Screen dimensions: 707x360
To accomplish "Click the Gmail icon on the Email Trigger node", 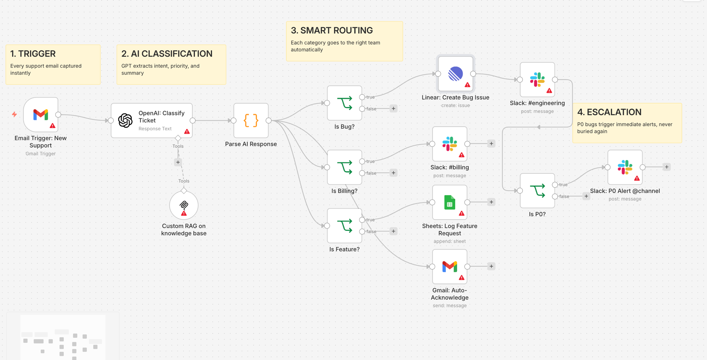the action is point(41,115).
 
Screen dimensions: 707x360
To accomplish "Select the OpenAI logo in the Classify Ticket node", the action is point(125,120).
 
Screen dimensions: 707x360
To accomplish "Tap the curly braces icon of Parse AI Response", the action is point(251,120).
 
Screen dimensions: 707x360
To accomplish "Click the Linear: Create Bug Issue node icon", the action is point(455,74).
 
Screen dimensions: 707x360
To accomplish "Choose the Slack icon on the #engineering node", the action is point(537,80).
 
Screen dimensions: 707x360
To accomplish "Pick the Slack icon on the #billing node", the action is point(450,144).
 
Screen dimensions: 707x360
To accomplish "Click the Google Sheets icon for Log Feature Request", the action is point(450,202).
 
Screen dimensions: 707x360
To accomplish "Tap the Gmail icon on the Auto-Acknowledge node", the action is point(450,266).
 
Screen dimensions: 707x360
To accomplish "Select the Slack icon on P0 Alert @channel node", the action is point(625,167).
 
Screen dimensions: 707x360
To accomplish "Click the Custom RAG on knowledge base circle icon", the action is point(184,205).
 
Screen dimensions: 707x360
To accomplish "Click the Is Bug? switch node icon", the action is point(345,103).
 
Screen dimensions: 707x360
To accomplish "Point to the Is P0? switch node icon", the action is point(537,191).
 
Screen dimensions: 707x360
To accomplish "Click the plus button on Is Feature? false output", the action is point(393,231).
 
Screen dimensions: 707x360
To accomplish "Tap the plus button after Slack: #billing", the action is point(491,144).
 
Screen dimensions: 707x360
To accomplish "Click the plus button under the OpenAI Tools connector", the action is point(178,162).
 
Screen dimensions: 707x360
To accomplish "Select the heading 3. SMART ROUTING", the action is point(332,30).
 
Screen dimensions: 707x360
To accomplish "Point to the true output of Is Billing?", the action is point(362,161).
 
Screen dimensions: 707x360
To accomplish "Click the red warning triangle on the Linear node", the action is point(467,85).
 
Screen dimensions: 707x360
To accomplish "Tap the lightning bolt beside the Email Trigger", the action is point(14,114).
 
